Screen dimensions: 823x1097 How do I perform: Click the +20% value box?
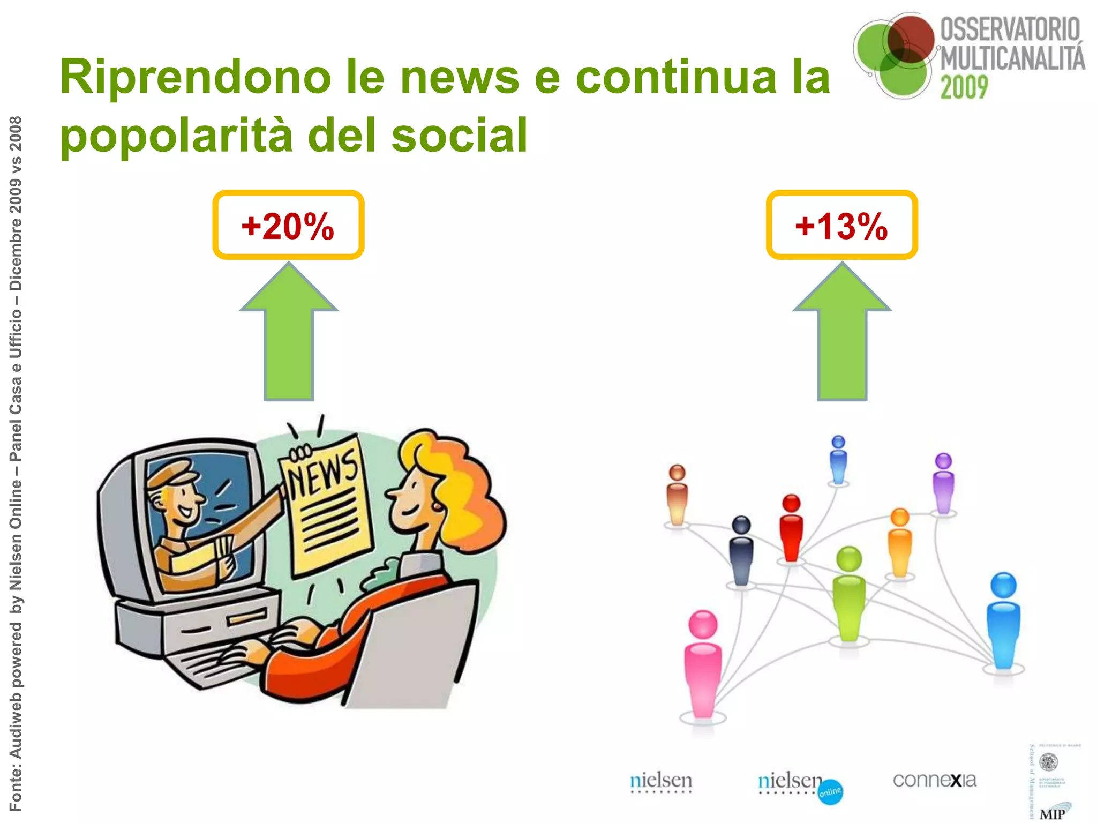tap(288, 225)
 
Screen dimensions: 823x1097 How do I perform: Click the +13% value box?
tap(841, 225)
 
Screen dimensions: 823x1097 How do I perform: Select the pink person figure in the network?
tap(703, 664)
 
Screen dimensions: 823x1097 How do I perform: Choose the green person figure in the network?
tap(849, 595)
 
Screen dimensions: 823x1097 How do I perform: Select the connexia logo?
tap(934, 780)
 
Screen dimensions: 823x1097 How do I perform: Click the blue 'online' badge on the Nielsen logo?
tap(830, 792)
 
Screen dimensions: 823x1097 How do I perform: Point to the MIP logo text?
tap(1052, 813)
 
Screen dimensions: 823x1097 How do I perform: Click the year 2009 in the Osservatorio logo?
tap(964, 87)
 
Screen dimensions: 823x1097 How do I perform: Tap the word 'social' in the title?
tap(460, 135)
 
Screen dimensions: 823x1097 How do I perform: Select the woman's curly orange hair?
tap(461, 482)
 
